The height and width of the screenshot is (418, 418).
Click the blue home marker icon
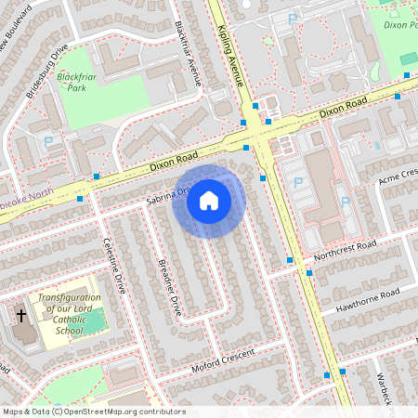click(209, 201)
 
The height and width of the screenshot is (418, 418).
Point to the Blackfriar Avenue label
click(189, 52)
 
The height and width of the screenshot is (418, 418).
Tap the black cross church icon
click(21, 316)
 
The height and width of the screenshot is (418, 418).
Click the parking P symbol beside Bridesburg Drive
click(48, 142)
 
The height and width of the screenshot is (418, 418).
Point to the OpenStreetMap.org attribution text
click(93, 411)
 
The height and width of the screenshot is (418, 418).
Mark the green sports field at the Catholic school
click(93, 323)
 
